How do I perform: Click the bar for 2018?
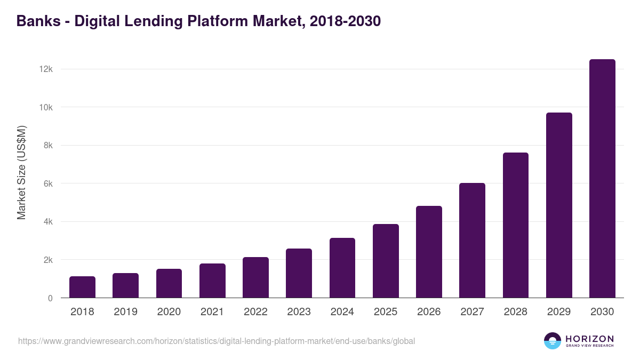[x=82, y=287]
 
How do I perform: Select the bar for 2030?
[x=602, y=179]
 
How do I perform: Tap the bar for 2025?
[x=386, y=261]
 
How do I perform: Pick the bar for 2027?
[x=472, y=241]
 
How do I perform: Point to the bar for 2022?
[x=255, y=277]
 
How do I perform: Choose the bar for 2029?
[x=559, y=205]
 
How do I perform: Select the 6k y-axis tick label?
[x=48, y=183]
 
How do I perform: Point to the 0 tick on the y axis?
[x=50, y=298]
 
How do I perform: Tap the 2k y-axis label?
[x=48, y=260]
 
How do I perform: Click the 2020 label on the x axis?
[x=169, y=312]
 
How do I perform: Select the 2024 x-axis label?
[x=342, y=312]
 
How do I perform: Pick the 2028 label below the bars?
[x=515, y=312]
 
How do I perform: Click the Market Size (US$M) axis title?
[x=21, y=172]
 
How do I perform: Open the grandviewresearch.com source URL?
[x=216, y=341]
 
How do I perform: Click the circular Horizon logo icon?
[x=553, y=341]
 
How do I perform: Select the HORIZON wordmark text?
[x=589, y=338]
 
